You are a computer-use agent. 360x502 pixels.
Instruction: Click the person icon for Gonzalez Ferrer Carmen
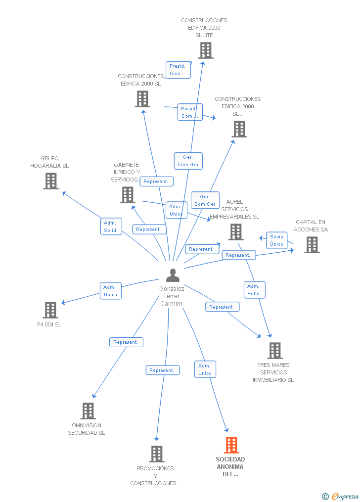coord(173,275)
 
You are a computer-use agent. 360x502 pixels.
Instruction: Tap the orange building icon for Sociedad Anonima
coord(231,445)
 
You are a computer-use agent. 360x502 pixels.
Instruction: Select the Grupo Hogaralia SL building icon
coord(50,181)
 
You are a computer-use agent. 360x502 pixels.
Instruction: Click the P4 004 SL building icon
coord(50,310)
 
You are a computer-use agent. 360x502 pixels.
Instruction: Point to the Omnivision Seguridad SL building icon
coord(88,411)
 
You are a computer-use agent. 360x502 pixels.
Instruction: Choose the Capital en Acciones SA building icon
coord(312,244)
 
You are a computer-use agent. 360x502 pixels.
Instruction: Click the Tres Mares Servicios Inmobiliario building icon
coord(274,351)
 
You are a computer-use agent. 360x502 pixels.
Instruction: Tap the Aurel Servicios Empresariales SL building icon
coord(236,231)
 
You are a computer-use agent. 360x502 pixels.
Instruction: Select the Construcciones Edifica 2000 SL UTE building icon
coord(205,50)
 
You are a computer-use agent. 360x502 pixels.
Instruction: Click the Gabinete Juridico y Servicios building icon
coord(127,194)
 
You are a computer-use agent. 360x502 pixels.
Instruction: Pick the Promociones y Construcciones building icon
coord(156,454)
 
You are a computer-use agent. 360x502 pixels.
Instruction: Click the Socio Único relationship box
coord(277,240)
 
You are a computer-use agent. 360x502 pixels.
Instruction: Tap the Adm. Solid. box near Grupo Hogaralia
coord(111,227)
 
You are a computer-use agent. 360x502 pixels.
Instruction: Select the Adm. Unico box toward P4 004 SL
coord(110,291)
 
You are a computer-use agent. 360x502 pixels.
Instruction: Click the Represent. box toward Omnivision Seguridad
coord(126,342)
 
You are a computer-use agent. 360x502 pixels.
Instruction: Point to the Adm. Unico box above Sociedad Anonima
coord(205,369)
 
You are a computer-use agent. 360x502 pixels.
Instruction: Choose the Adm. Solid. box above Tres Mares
coord(254,290)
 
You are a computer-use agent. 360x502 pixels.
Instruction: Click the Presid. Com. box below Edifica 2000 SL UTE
coord(178,70)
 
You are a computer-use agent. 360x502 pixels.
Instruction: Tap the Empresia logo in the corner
coord(341,496)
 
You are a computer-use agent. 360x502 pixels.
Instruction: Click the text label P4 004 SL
coord(49,325)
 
